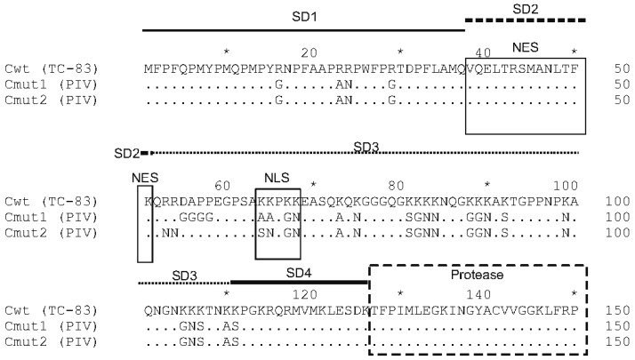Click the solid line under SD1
(x=303, y=29)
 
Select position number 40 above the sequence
(x=485, y=52)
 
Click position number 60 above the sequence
(x=222, y=185)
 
